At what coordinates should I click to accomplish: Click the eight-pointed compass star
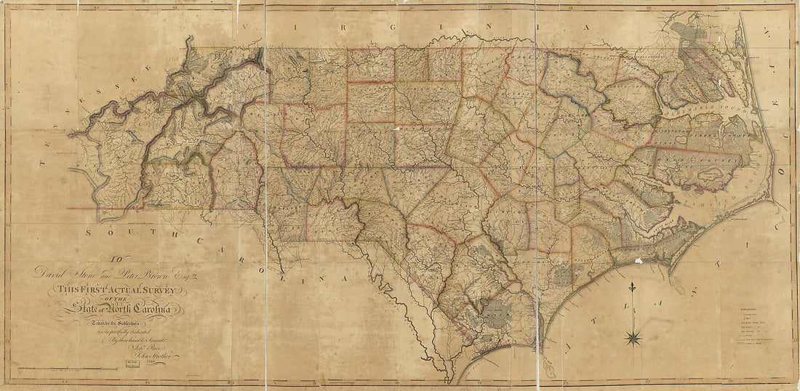coord(633,336)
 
